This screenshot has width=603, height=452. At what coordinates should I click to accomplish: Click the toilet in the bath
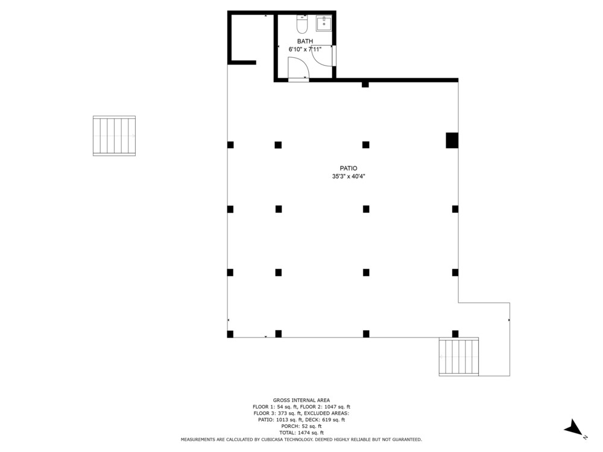(x=302, y=24)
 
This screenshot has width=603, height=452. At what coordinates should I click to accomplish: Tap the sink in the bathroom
(x=324, y=24)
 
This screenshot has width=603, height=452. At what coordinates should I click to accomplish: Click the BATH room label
(x=305, y=41)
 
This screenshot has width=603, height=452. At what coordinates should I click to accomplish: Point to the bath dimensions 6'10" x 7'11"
(x=305, y=49)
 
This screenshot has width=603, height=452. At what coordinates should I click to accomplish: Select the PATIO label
(x=349, y=168)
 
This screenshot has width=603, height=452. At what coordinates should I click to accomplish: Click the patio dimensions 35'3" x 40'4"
(x=349, y=177)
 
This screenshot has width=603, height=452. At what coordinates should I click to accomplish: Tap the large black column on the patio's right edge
(x=452, y=140)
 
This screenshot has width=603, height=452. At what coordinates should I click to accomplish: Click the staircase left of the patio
(x=114, y=136)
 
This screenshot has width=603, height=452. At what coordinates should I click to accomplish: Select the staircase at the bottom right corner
(x=459, y=357)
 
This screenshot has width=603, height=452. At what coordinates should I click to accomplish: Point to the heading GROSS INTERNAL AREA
(x=301, y=400)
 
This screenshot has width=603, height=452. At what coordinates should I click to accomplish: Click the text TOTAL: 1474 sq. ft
(x=301, y=432)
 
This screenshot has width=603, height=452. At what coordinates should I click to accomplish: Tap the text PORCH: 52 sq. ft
(x=301, y=426)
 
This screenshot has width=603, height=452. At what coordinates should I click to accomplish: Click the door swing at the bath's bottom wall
(x=298, y=68)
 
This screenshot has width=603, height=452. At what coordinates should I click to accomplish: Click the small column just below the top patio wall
(x=365, y=84)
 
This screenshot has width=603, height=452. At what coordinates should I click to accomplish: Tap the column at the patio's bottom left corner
(x=230, y=334)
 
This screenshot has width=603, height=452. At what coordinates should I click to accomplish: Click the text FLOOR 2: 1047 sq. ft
(x=326, y=407)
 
